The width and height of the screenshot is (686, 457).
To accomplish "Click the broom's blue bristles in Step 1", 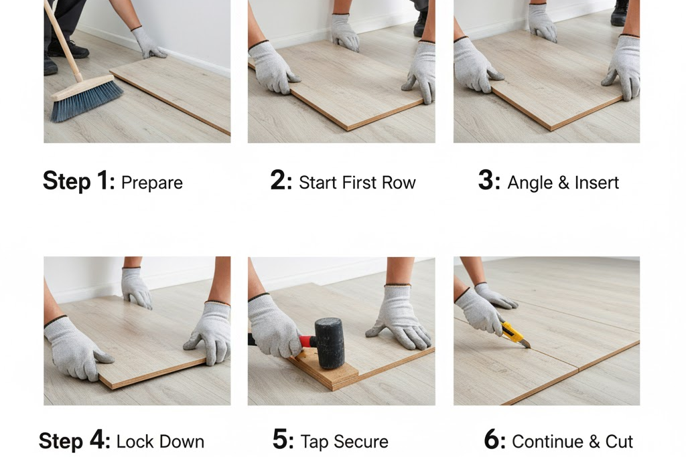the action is pyautogui.click(x=86, y=100).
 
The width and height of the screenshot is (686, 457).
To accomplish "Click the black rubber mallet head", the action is pyautogui.click(x=330, y=343).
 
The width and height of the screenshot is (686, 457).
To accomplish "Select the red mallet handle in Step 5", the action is pyautogui.click(x=307, y=341).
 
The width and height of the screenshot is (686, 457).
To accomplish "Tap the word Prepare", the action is pyautogui.click(x=152, y=183).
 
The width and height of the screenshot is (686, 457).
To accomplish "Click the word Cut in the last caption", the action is pyautogui.click(x=619, y=442).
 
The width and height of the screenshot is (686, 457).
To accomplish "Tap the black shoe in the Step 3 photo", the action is pyautogui.click(x=619, y=13).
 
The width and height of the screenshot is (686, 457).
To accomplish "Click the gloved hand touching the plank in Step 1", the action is pyautogui.click(x=148, y=43).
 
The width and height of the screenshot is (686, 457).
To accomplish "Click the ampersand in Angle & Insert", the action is pyautogui.click(x=563, y=183).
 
